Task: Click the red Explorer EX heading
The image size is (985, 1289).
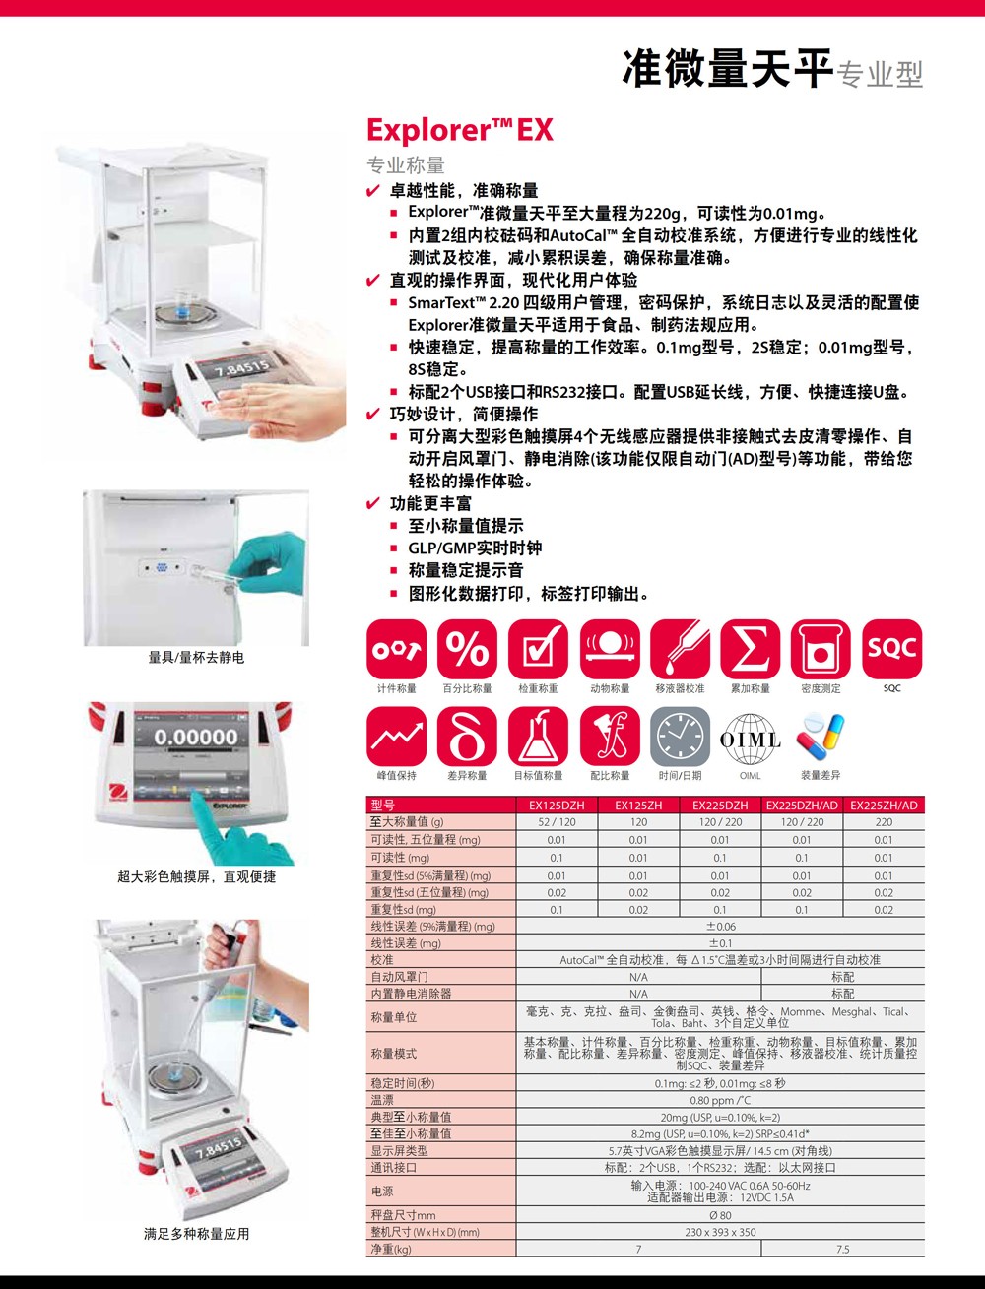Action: point(459,130)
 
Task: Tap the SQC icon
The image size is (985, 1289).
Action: point(891,648)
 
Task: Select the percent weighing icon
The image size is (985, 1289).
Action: point(468,648)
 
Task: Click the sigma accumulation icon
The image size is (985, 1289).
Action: point(750,648)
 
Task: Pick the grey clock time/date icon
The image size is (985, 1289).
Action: point(681,736)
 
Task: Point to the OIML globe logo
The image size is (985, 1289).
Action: point(750,739)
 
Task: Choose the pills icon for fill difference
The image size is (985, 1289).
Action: point(820,737)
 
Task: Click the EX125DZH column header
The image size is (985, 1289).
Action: point(557,806)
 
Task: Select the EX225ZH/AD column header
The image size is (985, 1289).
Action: point(884,806)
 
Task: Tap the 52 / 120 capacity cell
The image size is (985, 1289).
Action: point(557,822)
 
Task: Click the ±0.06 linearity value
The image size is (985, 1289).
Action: point(720,926)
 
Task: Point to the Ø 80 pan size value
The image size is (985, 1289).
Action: point(720,1215)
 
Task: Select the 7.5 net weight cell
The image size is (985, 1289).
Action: point(842,1249)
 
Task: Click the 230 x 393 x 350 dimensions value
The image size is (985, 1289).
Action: point(720,1232)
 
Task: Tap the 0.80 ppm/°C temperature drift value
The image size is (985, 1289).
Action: point(720,1100)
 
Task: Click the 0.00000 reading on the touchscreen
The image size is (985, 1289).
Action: point(196,737)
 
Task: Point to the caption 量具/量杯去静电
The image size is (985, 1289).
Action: point(196,657)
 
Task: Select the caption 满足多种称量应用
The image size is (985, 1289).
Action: point(196,1234)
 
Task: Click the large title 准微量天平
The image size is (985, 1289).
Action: point(728,69)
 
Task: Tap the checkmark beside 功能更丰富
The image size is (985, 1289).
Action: point(373,503)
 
